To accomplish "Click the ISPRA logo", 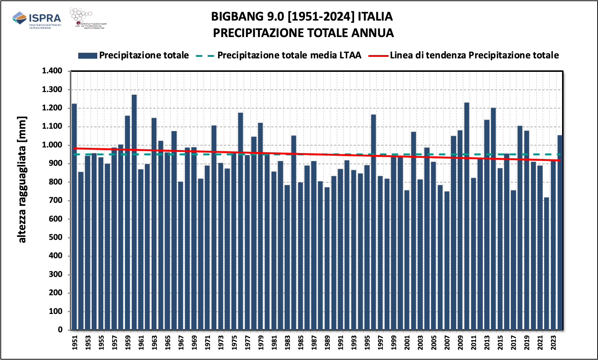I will coord(36,19).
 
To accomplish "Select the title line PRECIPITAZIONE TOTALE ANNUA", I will coord(303,33).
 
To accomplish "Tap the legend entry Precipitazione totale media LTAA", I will coord(289,55).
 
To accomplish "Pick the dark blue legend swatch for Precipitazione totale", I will coord(88,56).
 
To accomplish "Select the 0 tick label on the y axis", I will coord(60,330).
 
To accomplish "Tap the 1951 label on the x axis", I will coord(74,342).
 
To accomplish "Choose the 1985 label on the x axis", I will coord(300,342).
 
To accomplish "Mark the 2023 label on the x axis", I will coord(553,342).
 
